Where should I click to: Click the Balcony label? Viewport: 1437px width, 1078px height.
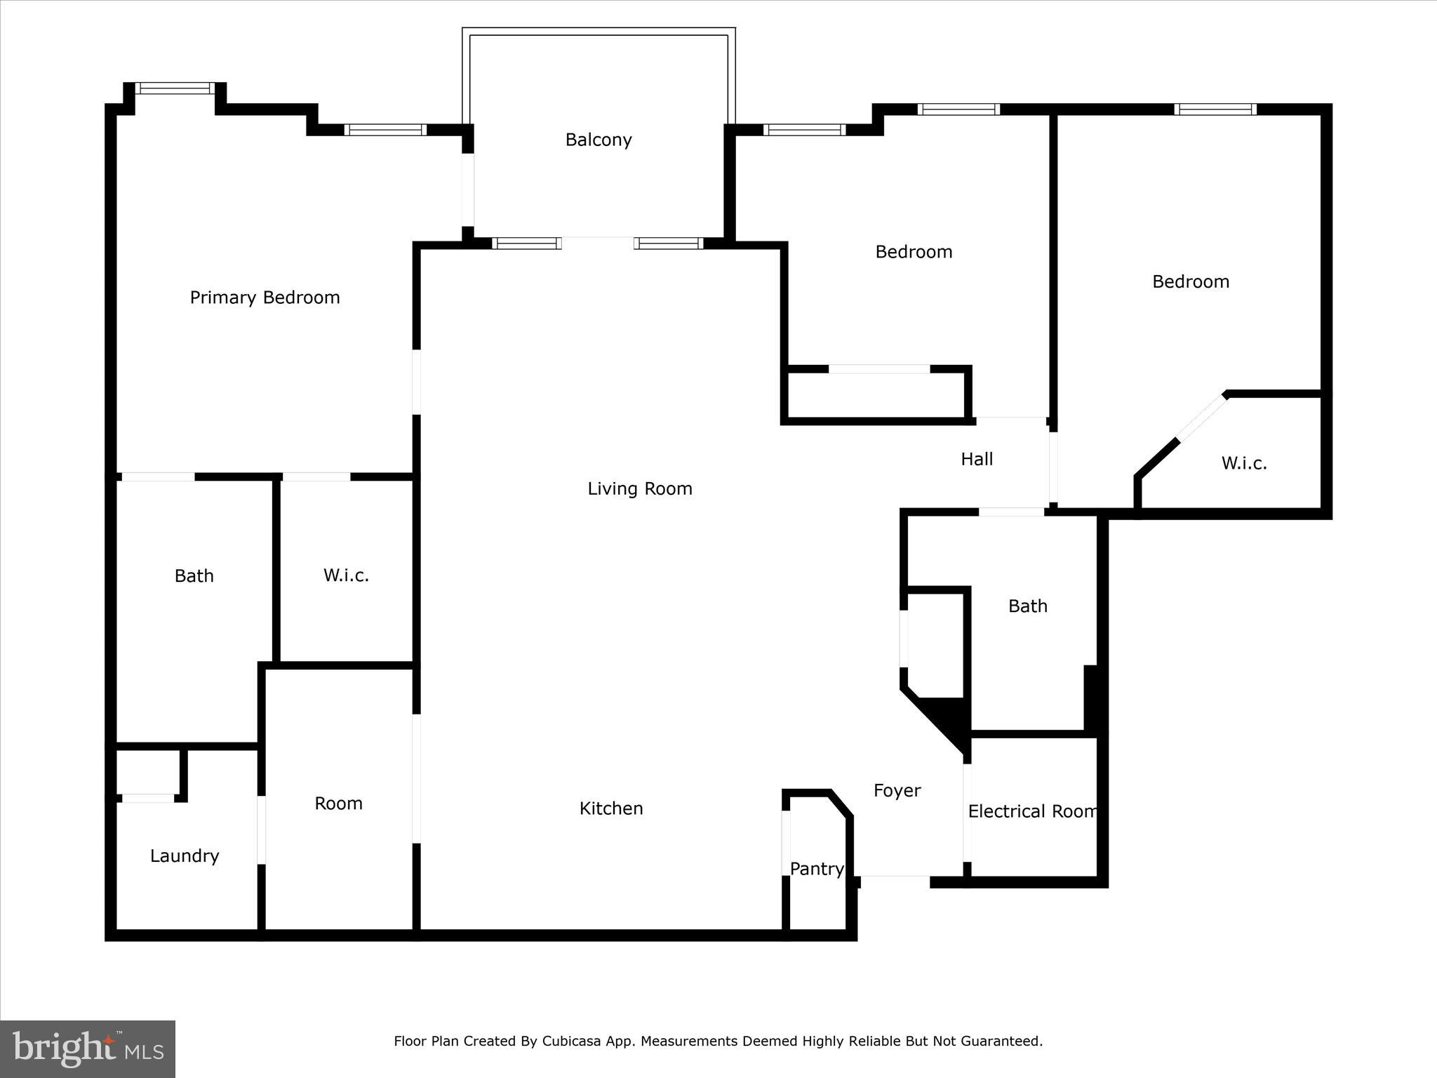(x=599, y=140)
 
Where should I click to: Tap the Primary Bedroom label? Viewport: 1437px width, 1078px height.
(x=265, y=298)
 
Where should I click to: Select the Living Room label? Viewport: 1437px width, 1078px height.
(x=639, y=488)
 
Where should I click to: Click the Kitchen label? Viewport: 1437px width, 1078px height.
(x=610, y=808)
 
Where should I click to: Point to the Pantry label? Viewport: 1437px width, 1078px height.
(x=816, y=869)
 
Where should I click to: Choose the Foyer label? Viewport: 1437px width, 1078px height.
(x=897, y=791)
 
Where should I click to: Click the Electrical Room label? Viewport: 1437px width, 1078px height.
(x=1032, y=811)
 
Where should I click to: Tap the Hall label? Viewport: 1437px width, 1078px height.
(x=977, y=459)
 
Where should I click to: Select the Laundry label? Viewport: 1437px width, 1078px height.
(x=185, y=856)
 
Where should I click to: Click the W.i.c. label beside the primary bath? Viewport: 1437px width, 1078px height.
(x=346, y=575)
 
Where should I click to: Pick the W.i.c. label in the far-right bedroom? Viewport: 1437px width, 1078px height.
(x=1243, y=463)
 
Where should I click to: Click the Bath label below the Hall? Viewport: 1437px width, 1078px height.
(x=1027, y=606)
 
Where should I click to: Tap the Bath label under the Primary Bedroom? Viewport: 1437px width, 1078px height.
(x=194, y=575)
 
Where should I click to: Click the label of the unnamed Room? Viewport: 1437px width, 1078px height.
(x=338, y=804)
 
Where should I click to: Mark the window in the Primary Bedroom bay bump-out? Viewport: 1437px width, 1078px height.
(x=175, y=88)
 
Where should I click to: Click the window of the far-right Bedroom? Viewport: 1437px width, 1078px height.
(x=1215, y=109)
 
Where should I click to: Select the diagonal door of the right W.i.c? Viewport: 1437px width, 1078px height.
(x=1202, y=418)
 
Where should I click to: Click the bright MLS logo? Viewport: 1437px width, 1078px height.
(x=88, y=1049)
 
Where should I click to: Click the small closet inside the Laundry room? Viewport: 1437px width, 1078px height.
(x=147, y=772)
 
